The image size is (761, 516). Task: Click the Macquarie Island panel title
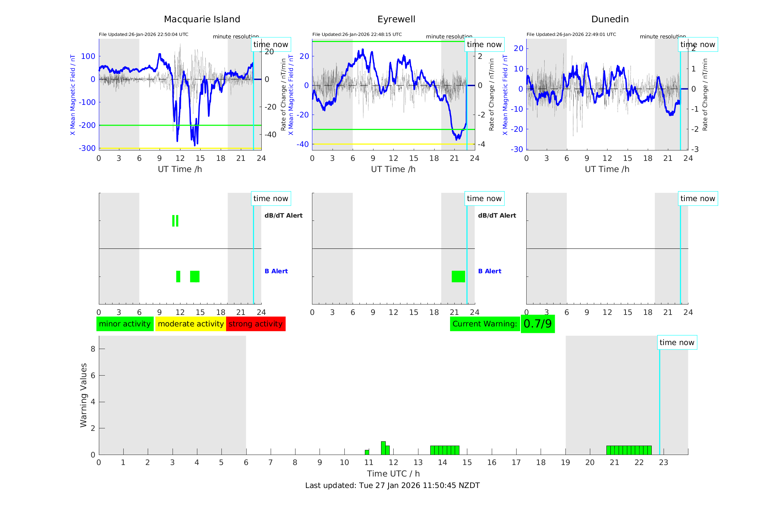[202, 19]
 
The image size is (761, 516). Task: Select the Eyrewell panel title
[396, 19]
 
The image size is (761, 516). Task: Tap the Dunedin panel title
[610, 19]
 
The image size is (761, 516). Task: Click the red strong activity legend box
[256, 324]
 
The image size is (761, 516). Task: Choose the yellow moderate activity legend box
[191, 324]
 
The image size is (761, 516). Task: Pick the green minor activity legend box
[125, 324]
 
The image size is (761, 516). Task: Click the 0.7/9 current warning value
[537, 324]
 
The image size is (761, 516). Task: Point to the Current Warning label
[485, 324]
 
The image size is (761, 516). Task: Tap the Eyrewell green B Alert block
[458, 276]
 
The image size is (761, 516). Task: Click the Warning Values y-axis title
[84, 395]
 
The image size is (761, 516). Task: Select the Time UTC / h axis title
[393, 474]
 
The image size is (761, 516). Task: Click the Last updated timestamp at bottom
[392, 485]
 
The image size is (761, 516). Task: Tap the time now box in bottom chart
[677, 343]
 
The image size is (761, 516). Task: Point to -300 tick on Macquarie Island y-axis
[87, 148]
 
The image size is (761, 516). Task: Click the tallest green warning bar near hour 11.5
[383, 448]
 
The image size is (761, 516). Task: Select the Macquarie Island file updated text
[143, 34]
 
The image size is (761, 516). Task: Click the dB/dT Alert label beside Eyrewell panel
[497, 215]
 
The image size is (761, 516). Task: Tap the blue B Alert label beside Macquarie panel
[276, 271]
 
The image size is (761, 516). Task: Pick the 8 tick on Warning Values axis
[93, 349]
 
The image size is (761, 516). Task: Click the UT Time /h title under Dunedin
[607, 169]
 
